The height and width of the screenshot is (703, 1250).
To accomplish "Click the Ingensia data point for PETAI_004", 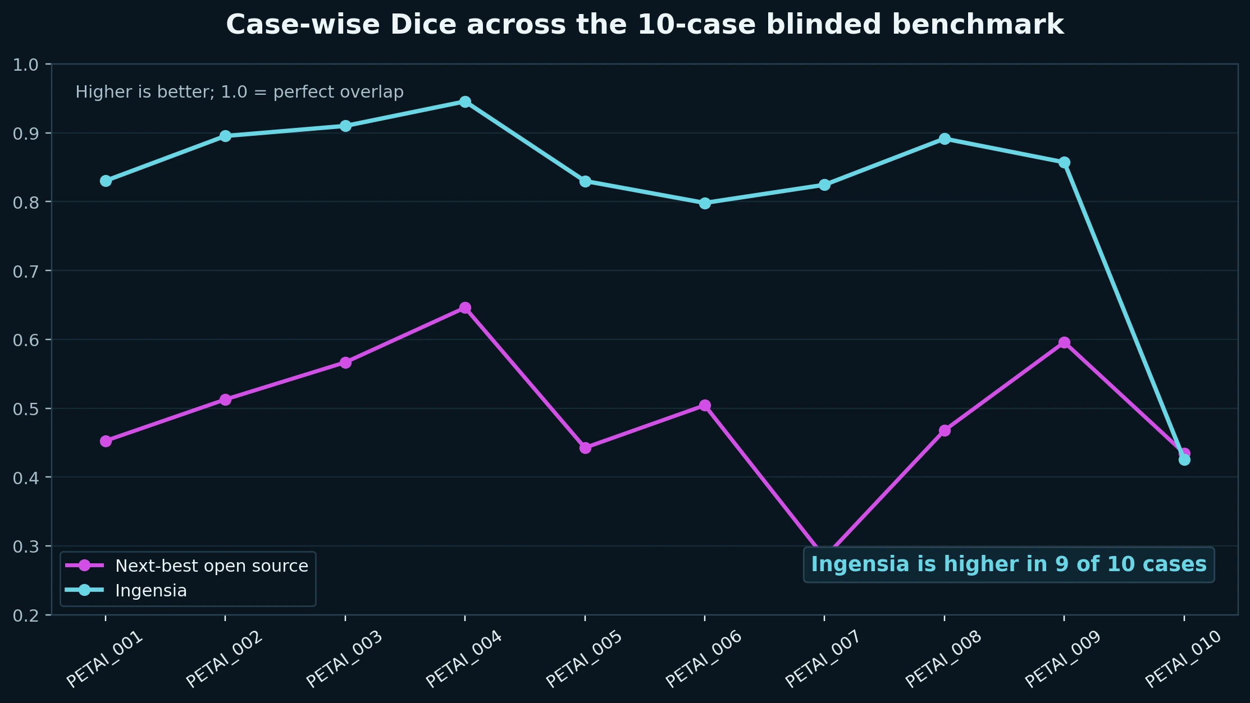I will click(x=465, y=102).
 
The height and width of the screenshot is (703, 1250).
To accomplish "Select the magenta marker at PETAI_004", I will click(x=465, y=307).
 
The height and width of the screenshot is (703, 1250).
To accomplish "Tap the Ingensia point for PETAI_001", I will click(x=106, y=181).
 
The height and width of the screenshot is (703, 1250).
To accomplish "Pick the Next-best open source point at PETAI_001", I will click(x=106, y=441).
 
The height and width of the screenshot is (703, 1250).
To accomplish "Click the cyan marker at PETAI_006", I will click(x=705, y=203).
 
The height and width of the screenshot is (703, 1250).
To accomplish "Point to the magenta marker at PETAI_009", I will click(x=1064, y=342).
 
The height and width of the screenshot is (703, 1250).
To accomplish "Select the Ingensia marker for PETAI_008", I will click(x=945, y=139).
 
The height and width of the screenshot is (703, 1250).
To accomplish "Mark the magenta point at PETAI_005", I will click(x=585, y=448).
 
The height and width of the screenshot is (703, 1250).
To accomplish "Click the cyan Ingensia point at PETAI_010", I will click(x=1184, y=460).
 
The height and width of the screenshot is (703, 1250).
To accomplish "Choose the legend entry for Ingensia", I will click(x=150, y=591).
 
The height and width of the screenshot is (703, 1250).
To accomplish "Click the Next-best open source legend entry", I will click(x=211, y=566).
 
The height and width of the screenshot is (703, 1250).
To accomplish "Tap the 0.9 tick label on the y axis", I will click(x=25, y=134).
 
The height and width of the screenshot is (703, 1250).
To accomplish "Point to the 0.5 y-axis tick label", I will click(x=25, y=409).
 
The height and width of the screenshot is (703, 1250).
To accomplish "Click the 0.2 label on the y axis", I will click(x=25, y=615).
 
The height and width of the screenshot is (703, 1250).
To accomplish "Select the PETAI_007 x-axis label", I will click(x=822, y=659).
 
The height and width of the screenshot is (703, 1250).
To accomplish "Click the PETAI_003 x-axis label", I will click(x=344, y=659).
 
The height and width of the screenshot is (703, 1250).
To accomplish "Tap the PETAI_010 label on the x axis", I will click(x=1183, y=659).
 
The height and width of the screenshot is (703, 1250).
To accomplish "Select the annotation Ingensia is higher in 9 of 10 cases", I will click(x=1009, y=564).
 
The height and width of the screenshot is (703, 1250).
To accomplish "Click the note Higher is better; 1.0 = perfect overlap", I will click(x=239, y=92).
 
